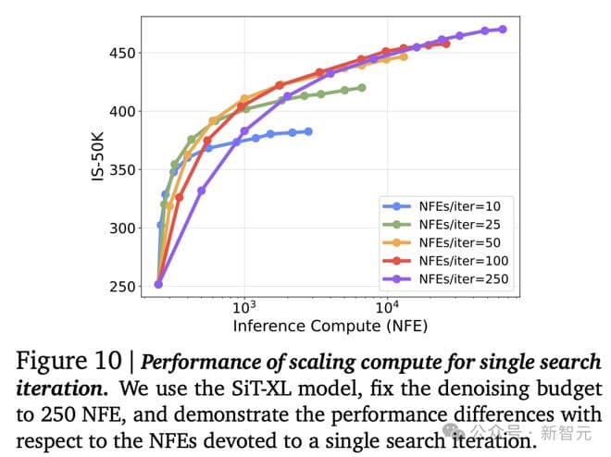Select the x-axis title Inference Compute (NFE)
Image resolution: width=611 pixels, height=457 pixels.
[x=330, y=327]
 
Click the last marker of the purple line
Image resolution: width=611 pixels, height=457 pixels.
[x=503, y=29]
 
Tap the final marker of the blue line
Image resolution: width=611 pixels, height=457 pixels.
[x=308, y=131]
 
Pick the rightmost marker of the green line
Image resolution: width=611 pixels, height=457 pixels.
[x=361, y=88]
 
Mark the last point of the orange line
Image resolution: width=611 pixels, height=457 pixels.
[x=404, y=56]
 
